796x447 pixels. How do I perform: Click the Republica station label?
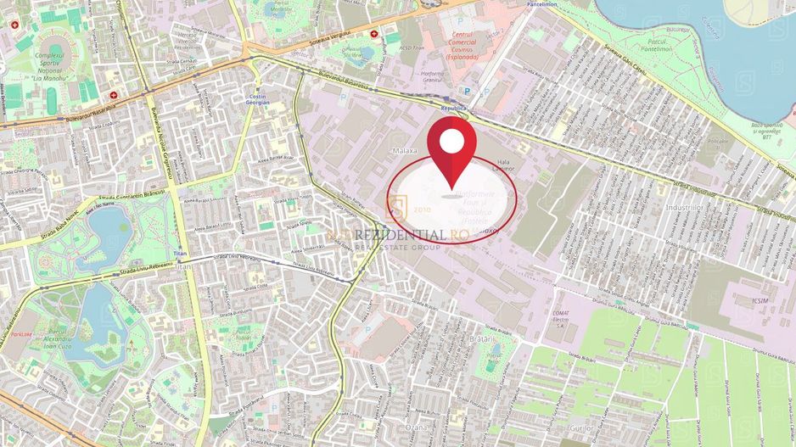point(454,109)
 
